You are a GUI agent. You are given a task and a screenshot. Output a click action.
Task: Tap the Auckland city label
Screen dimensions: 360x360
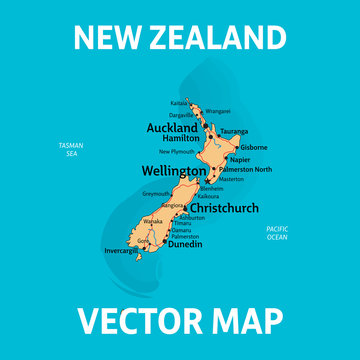pyautogui.click(x=172, y=128)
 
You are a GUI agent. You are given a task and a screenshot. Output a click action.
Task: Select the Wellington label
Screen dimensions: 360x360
pyautogui.click(x=173, y=172)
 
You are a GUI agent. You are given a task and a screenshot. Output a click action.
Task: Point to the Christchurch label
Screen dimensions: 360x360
pyautogui.click(x=223, y=208)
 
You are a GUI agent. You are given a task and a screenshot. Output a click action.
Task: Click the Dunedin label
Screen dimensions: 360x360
pyautogui.click(x=184, y=243)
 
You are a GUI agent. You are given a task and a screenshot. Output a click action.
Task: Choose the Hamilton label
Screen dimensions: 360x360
pyautogui.click(x=181, y=139)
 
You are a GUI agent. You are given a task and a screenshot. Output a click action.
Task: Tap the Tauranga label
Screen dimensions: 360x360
pyautogui.click(x=234, y=131)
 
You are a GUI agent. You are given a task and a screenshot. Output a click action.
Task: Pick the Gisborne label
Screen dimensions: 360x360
pyautogui.click(x=255, y=147)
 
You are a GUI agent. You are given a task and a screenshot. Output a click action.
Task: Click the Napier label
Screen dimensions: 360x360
pyautogui.click(x=239, y=159)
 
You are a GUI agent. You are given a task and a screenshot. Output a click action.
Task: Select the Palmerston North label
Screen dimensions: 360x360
pyautogui.click(x=246, y=169)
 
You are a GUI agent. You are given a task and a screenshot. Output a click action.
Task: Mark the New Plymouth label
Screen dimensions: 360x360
pyautogui.click(x=177, y=151)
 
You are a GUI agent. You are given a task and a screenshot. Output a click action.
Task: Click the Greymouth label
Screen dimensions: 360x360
pyautogui.click(x=156, y=194)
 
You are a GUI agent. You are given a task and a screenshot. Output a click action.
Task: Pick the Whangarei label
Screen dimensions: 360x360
pyautogui.click(x=218, y=111)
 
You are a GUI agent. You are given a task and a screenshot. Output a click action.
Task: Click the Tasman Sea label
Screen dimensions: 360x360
pyautogui.click(x=71, y=150)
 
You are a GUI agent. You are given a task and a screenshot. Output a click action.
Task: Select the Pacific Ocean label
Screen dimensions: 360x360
pyautogui.click(x=277, y=232)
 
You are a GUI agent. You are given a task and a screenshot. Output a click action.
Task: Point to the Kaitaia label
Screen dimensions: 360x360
pyautogui.click(x=178, y=103)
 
